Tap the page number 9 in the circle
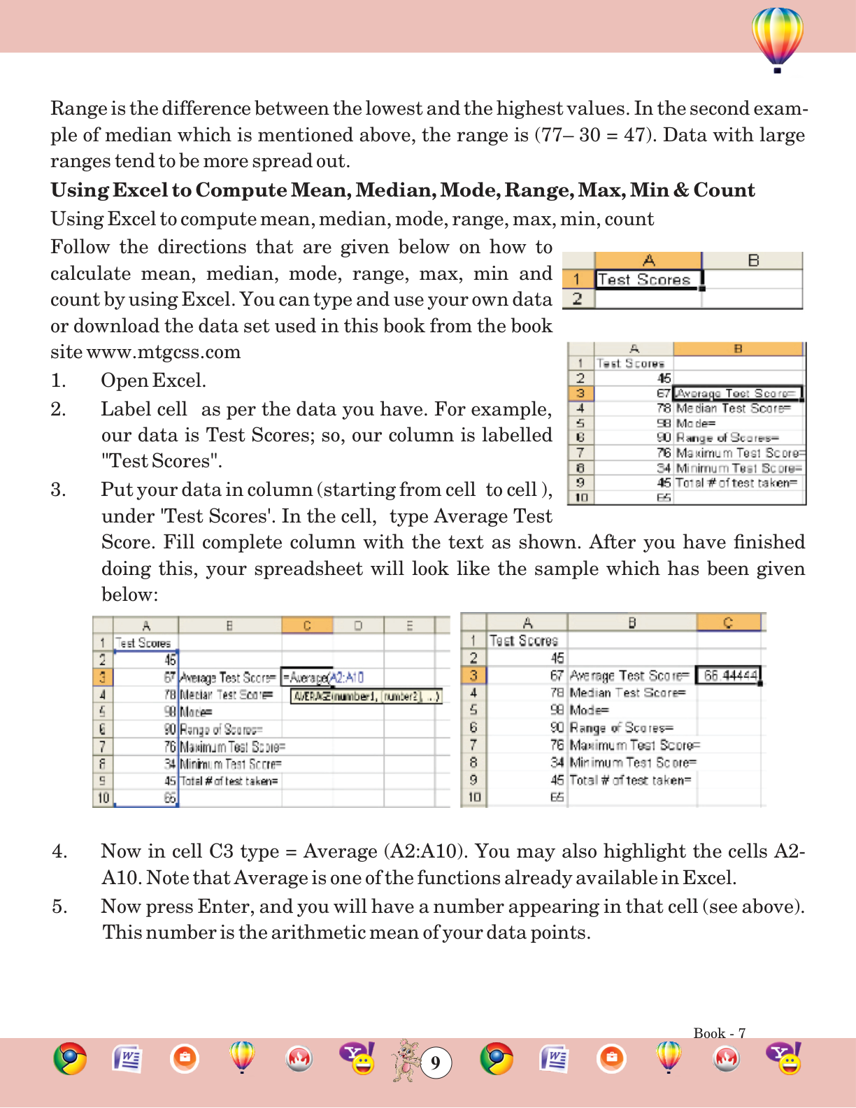436,1063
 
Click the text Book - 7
719,1033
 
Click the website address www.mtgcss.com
164,352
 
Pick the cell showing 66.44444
729,676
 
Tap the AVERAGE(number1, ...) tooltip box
366,696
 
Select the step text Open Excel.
153,381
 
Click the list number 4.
59,851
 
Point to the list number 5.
59,907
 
